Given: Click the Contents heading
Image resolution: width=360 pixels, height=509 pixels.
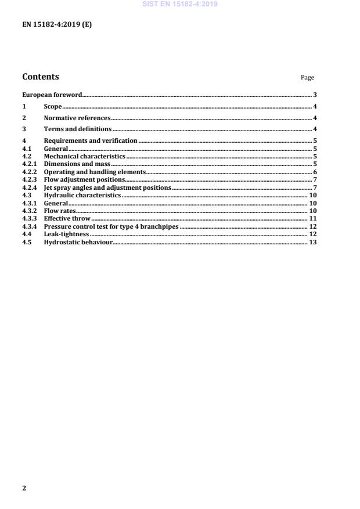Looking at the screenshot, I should click(x=40, y=77).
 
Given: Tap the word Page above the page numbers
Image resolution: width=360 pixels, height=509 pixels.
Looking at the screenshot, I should click(x=307, y=78).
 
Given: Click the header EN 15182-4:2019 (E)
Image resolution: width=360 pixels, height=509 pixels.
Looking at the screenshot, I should click(x=56, y=25).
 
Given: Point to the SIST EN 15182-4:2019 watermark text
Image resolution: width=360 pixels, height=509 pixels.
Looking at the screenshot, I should click(x=180, y=4).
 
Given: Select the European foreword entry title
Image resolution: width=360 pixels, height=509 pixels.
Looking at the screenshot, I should click(x=52, y=95).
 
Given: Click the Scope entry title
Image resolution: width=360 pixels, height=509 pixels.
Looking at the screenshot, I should click(x=53, y=106).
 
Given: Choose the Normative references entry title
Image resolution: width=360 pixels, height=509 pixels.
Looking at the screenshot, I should click(x=77, y=118).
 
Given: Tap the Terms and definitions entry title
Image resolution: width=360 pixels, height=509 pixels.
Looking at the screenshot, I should click(x=78, y=129).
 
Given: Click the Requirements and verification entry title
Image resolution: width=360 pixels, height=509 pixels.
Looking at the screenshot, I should click(x=91, y=140).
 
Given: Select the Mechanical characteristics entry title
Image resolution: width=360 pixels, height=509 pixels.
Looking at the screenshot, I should click(x=84, y=157).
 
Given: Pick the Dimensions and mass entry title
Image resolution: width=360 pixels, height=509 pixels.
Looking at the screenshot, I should click(x=77, y=164).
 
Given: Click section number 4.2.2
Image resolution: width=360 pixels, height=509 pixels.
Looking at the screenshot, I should click(x=30, y=172).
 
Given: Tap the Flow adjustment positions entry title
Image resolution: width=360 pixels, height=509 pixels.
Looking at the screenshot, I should click(x=84, y=180).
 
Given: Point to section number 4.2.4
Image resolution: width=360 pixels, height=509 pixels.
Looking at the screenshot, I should click(x=30, y=188).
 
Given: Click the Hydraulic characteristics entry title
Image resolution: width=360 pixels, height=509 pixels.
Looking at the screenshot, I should click(x=82, y=196).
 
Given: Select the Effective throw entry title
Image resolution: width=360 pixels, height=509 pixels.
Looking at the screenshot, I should click(x=67, y=219).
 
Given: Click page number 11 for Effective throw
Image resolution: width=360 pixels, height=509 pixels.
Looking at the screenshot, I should click(x=312, y=219).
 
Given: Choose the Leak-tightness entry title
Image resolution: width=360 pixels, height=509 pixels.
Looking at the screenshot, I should click(x=66, y=234).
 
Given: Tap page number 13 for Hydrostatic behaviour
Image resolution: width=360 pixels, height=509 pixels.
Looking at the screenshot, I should click(x=312, y=242).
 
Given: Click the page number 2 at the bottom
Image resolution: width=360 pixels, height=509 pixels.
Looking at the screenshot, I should click(x=24, y=488).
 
